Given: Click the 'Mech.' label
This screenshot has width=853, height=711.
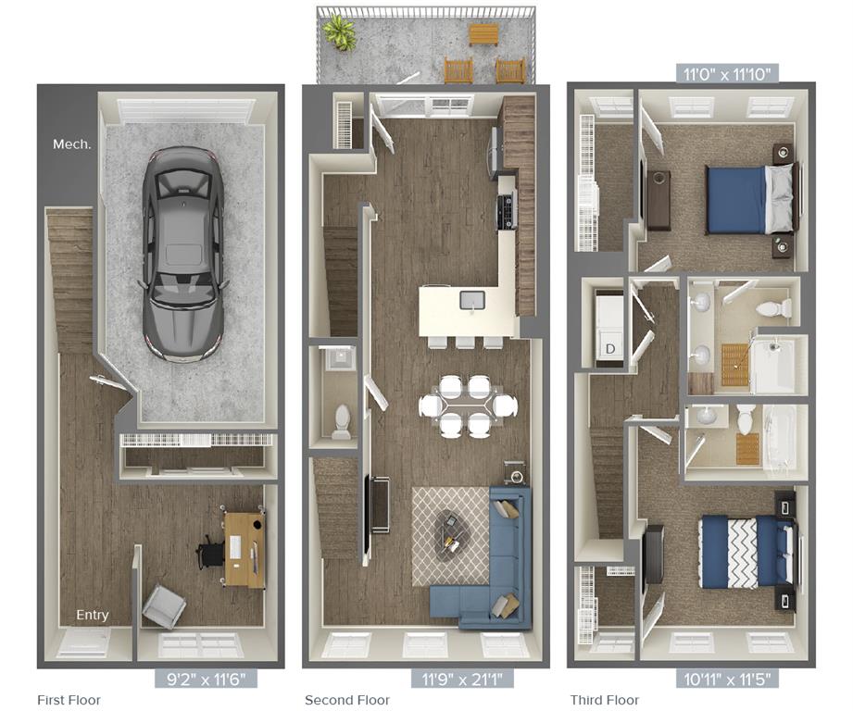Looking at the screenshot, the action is click(x=72, y=144).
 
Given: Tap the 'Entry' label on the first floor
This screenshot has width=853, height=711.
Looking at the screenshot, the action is click(x=93, y=615).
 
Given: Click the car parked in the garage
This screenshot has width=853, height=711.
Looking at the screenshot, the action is click(x=182, y=255).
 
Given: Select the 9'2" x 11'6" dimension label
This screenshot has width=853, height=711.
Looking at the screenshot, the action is click(x=206, y=679).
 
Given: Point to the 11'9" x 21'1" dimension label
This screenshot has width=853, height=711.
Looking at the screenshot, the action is click(x=462, y=679).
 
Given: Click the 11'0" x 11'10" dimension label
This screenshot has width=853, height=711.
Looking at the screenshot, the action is click(x=727, y=73).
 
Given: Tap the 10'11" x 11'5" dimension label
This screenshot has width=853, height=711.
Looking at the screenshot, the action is click(x=727, y=679).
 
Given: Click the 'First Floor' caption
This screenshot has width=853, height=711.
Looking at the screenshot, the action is click(x=69, y=700).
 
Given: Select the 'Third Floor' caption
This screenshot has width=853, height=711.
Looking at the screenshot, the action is click(x=605, y=700).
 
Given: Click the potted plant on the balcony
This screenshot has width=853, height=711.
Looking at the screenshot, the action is click(x=340, y=31).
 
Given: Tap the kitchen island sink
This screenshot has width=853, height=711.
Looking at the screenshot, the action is click(x=472, y=300).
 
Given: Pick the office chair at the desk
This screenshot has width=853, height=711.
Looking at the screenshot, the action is click(x=210, y=550).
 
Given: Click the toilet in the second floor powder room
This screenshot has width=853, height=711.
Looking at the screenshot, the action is click(x=342, y=422).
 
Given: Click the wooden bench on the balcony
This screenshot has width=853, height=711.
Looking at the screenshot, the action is click(x=483, y=35).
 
